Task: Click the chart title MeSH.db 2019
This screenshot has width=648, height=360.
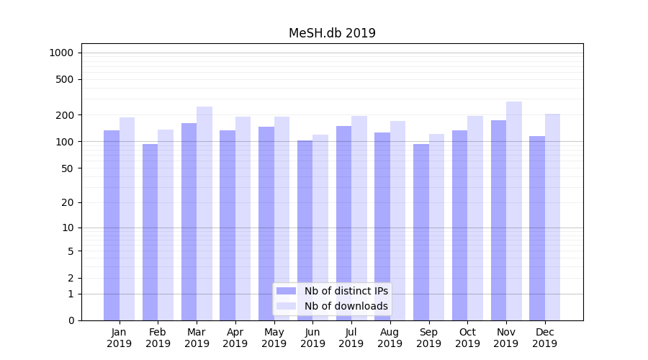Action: pos(332,33)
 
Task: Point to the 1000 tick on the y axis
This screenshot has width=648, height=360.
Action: pos(61,53)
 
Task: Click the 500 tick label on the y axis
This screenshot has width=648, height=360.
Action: pos(64,79)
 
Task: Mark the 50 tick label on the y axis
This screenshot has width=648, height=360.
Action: pos(66,168)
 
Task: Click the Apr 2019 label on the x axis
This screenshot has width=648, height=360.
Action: pos(235,338)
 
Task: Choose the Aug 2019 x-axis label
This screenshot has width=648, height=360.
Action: pos(390,338)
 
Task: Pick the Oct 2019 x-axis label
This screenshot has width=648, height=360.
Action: pos(467,338)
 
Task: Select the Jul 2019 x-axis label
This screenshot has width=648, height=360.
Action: pos(351,338)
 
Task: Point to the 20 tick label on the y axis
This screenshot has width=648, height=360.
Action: pos(66,202)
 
